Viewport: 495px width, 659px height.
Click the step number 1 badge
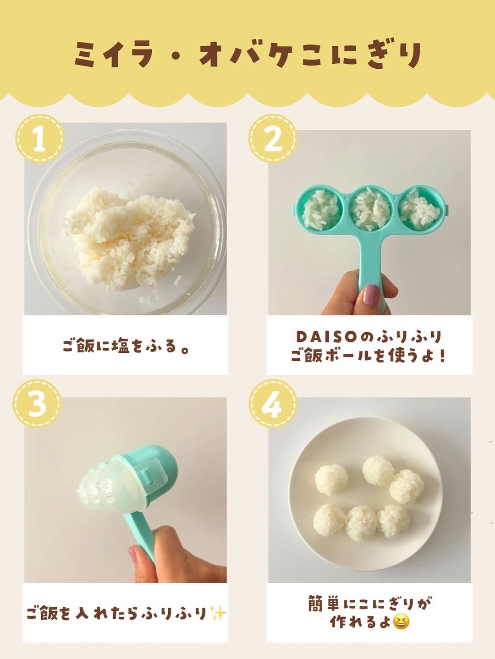[x=40, y=138]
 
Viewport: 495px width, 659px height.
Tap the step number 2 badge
[x=273, y=138]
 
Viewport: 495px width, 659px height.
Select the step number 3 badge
[x=37, y=403]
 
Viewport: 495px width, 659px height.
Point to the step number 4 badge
[x=273, y=403]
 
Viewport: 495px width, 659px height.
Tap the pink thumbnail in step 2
[x=372, y=294]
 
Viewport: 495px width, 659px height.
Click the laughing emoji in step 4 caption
[x=401, y=621]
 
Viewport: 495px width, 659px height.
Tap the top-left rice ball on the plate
[x=331, y=479]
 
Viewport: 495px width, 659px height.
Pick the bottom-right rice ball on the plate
[x=394, y=521]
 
